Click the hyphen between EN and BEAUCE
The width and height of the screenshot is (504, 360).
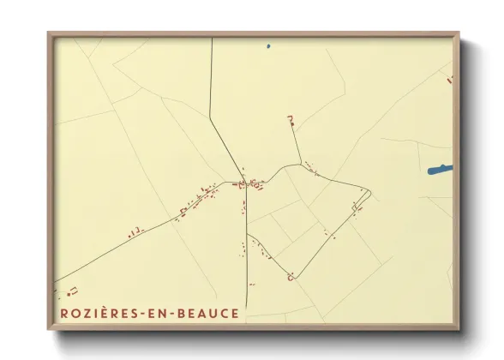[174, 315]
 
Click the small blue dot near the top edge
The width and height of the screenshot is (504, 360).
[268, 46]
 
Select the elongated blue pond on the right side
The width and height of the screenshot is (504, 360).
[440, 170]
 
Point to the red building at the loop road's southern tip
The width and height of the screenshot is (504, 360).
[292, 277]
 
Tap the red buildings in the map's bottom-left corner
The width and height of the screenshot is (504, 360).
[73, 291]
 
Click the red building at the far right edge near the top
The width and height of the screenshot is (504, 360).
[449, 80]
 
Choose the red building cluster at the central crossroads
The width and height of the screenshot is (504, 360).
[249, 183]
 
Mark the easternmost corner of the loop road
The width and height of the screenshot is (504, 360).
[370, 192]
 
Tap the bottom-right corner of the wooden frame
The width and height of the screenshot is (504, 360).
[459, 328]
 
